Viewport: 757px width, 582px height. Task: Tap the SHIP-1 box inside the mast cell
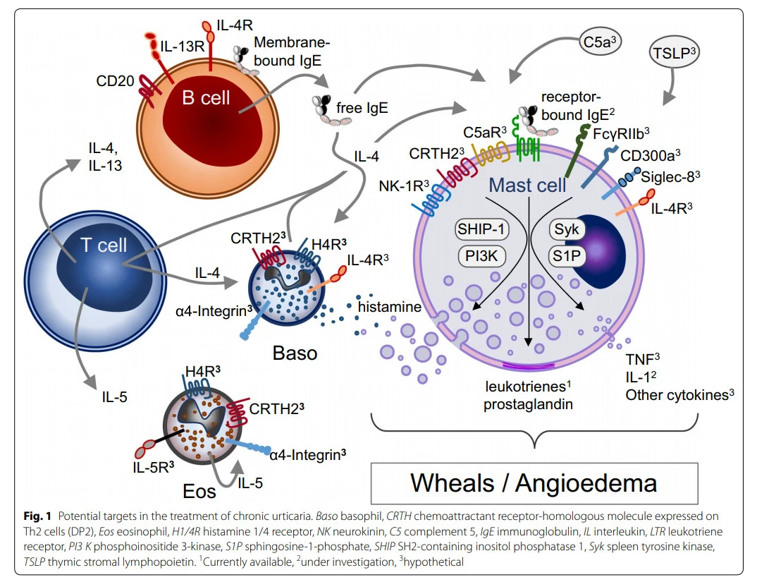click(x=481, y=229)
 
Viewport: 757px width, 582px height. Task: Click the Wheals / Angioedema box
click(x=534, y=483)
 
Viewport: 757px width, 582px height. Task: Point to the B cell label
click(x=205, y=98)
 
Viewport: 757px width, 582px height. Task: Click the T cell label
click(x=104, y=245)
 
